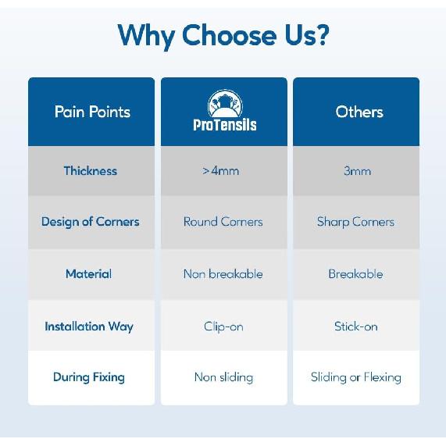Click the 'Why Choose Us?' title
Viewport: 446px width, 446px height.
pos(223,36)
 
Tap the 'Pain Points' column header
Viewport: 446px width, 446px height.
pos(92,112)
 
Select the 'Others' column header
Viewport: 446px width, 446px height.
pos(359,112)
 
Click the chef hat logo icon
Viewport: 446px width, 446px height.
pos(225,103)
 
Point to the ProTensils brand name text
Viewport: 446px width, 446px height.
pos(225,125)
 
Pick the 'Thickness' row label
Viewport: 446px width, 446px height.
pos(91,170)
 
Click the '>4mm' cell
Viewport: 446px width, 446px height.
pos(221,171)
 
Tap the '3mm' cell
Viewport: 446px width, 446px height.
pos(357,171)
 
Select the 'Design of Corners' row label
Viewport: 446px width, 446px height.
pos(91,222)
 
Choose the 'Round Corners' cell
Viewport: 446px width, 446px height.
pos(223,222)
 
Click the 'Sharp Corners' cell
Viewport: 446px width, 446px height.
pos(355,222)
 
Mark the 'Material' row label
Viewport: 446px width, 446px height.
pos(89,274)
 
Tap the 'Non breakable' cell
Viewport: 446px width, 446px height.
pos(223,274)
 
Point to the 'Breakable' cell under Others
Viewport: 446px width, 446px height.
pos(355,274)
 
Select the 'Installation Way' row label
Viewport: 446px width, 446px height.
pos(89,326)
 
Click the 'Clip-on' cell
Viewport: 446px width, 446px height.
pos(223,326)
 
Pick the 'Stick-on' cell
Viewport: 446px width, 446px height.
pos(356,326)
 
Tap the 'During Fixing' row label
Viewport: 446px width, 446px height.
pos(89,377)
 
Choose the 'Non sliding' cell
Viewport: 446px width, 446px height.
pos(223,377)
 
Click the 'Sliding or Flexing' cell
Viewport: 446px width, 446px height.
pos(356,377)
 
